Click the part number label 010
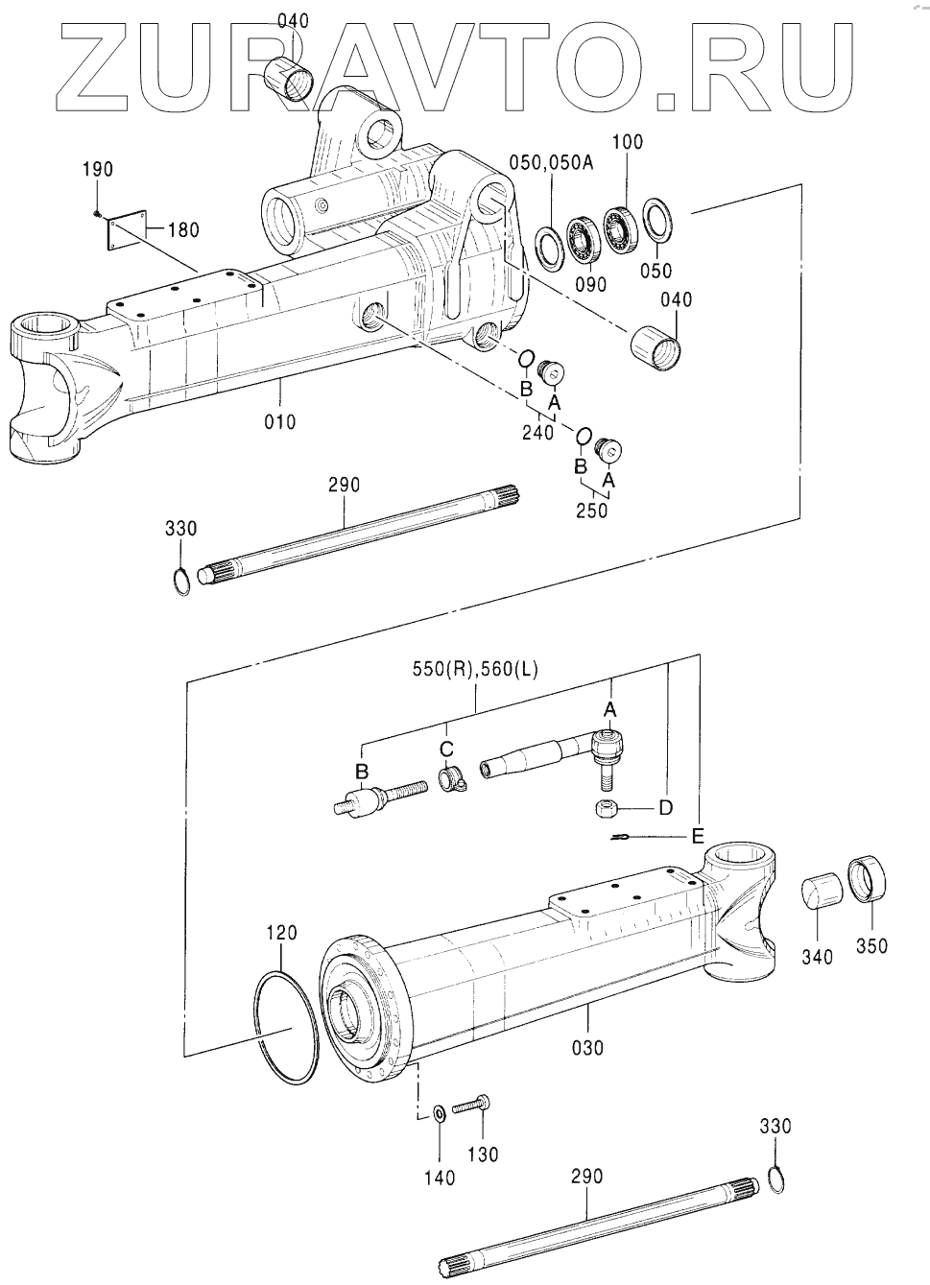280,422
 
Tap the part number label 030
588,1048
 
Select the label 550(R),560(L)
476,669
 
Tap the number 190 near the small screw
98,170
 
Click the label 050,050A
551,163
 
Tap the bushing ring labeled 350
867,879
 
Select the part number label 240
538,432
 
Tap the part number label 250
591,510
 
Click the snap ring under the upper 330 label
181,580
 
